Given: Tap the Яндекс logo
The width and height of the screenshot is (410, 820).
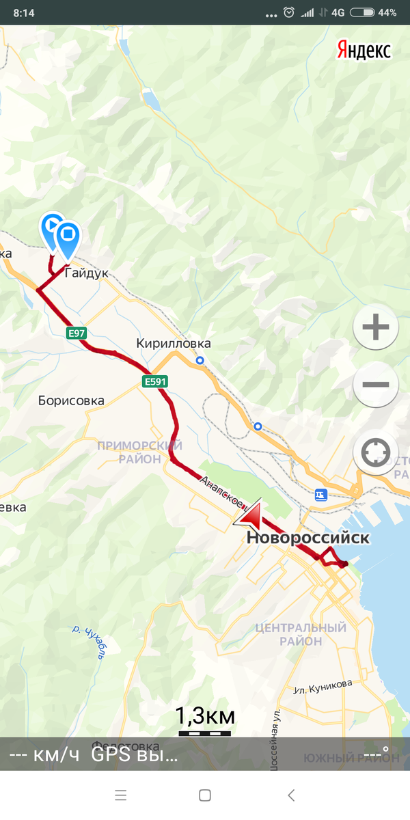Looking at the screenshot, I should (x=364, y=50).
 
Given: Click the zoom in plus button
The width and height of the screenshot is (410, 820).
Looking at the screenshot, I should (x=375, y=328).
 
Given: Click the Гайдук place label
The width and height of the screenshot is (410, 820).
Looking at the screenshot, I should (x=87, y=273).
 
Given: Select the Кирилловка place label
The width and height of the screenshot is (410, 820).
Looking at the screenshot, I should (x=174, y=344).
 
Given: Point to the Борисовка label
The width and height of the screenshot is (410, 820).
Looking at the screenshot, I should (x=71, y=400).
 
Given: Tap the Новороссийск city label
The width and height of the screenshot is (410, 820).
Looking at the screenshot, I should (x=307, y=538).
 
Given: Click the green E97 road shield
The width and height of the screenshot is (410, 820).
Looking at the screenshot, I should (x=77, y=333).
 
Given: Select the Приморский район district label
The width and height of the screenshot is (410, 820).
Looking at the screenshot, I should (x=139, y=452).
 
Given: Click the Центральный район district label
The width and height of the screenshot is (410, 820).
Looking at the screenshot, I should (x=300, y=634).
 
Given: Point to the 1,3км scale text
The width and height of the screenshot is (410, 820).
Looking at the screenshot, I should (x=205, y=717).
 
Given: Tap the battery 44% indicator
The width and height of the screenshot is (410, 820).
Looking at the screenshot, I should (x=373, y=12).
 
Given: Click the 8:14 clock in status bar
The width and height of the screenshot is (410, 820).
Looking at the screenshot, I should (x=23, y=12).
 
